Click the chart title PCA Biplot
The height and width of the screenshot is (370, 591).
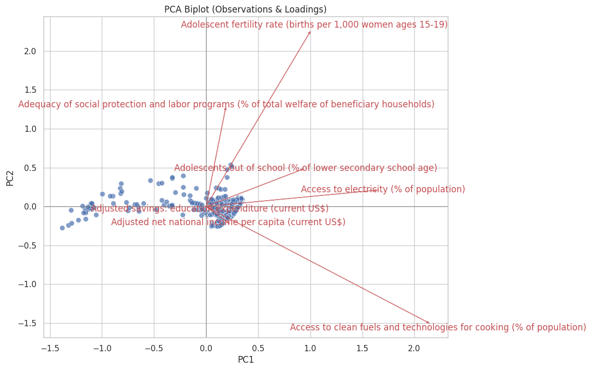(x=245, y=9)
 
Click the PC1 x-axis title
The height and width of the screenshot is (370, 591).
(x=245, y=360)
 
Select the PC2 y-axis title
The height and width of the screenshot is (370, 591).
(x=10, y=177)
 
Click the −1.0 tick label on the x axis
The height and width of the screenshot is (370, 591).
(x=102, y=348)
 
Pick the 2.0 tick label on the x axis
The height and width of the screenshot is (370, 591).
(x=414, y=348)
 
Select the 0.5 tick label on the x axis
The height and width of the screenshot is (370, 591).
(x=258, y=348)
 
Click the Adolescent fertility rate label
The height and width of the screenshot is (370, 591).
(x=314, y=24)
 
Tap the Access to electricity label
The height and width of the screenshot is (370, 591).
(x=383, y=189)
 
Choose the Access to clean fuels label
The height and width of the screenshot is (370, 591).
(x=438, y=327)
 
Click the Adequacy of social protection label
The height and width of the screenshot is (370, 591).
(x=226, y=104)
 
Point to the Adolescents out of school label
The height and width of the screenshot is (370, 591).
(x=306, y=168)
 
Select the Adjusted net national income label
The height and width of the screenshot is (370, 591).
(x=228, y=222)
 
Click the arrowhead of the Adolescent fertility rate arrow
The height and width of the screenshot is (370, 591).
(x=310, y=32)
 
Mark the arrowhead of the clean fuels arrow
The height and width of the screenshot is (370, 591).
(x=429, y=323)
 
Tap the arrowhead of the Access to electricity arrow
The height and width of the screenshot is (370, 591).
(x=377, y=190)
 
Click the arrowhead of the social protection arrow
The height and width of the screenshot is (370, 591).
(x=225, y=107)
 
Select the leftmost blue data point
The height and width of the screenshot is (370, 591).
(x=62, y=228)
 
